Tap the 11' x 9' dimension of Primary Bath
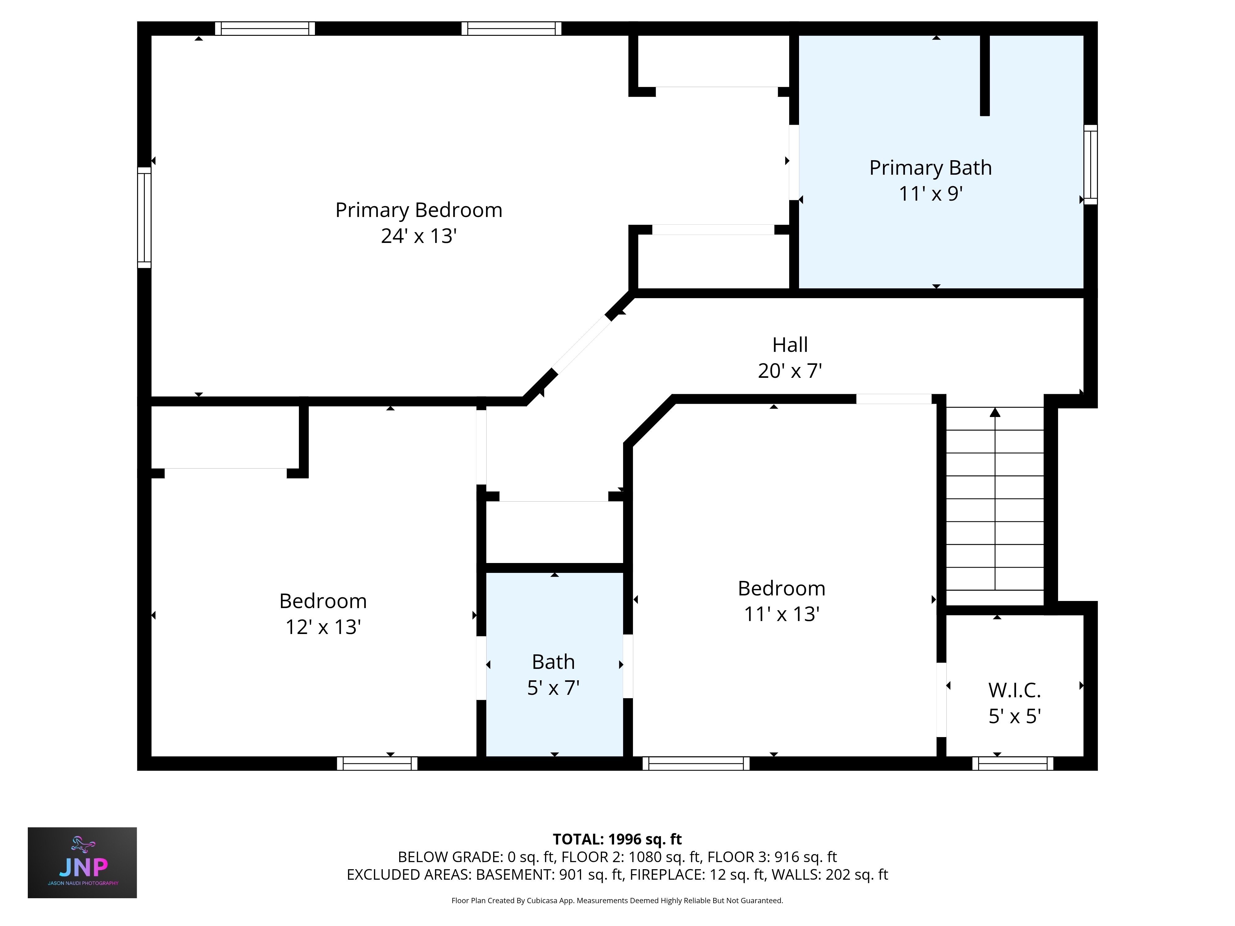click(x=930, y=194)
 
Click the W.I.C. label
click(x=1015, y=690)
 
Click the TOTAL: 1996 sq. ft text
click(x=617, y=839)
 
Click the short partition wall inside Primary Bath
click(x=985, y=75)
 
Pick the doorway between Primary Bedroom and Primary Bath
click(x=793, y=162)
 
